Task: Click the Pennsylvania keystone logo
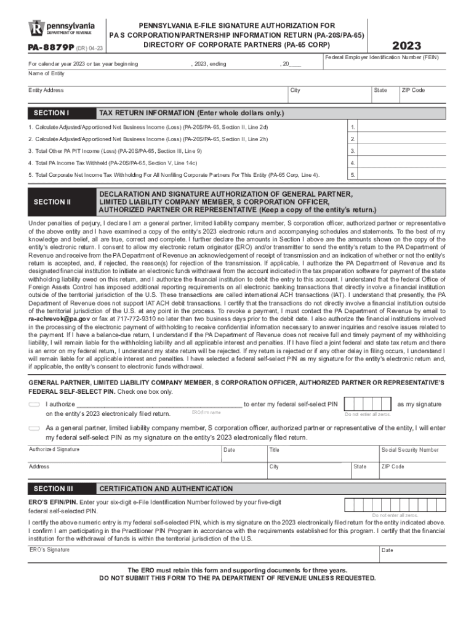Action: click(x=36, y=29)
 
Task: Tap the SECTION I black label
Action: click(x=51, y=113)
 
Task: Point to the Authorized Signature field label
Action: click(x=54, y=449)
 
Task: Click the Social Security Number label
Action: click(x=410, y=450)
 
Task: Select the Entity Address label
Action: click(x=46, y=91)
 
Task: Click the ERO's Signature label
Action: click(x=49, y=550)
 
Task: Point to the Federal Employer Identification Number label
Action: click(x=381, y=57)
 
